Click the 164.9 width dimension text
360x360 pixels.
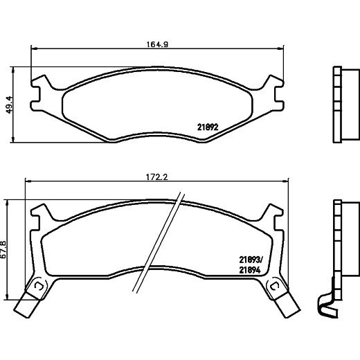coord(157,44)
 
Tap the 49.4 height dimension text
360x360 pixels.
coord(10,105)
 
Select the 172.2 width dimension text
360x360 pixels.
coord(157,177)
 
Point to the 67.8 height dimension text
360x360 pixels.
coord(4,250)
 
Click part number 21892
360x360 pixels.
coord(208,127)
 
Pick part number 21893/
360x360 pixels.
coord(251,260)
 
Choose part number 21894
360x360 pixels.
coord(250,270)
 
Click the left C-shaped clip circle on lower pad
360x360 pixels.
coord(38,287)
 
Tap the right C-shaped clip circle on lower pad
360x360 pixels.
coord(275,287)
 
